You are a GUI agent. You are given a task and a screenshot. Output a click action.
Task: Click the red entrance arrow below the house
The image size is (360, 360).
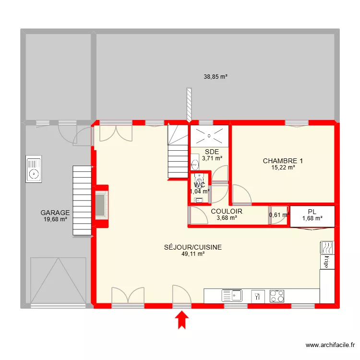pos(182,320)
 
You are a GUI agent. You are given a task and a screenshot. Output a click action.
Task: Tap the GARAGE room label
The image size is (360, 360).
pos(55,213)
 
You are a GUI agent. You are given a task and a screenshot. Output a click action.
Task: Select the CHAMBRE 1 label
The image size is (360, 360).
pos(283,161)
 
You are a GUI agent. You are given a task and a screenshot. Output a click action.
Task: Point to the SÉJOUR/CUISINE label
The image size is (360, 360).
pos(193,247)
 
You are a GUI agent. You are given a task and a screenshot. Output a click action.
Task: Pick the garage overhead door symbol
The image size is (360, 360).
pos(58,281)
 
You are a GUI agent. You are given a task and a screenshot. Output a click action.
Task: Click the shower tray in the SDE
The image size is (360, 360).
pos(210,135)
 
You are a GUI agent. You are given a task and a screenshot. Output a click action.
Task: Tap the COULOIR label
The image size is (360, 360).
pos(226,211)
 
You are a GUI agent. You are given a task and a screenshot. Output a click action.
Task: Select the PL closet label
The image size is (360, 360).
pos(312,212)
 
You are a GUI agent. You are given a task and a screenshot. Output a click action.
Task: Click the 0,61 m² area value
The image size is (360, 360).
pos(279,215)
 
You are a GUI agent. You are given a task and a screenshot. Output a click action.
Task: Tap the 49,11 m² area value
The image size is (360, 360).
pos(193,254)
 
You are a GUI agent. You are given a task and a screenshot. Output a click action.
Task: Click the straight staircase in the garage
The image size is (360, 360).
pos(82,201)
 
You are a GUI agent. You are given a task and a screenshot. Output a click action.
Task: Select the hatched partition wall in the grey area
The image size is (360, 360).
pos(190,105)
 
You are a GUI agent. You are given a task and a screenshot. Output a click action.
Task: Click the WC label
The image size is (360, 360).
pos(199,185)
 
